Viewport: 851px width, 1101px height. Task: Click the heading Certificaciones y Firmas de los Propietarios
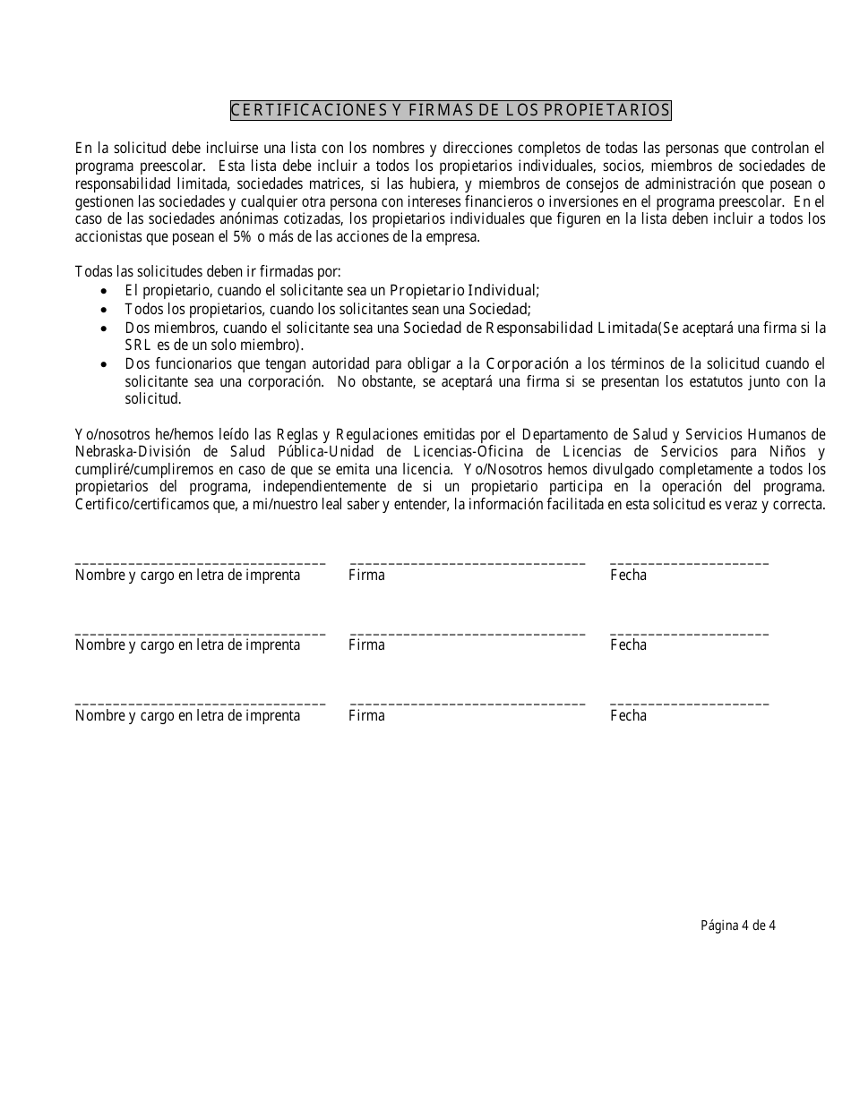coord(450,110)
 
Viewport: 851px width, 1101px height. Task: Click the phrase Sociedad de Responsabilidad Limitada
coord(529,328)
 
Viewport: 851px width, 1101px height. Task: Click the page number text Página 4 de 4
coord(737,926)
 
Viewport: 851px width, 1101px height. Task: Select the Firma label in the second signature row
coord(366,644)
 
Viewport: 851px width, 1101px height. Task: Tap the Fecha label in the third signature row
coord(628,715)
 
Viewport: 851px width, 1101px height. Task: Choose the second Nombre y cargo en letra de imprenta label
coord(187,644)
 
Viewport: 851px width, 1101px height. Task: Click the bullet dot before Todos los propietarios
coord(106,309)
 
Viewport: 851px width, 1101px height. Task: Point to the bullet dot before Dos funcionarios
coord(106,364)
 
